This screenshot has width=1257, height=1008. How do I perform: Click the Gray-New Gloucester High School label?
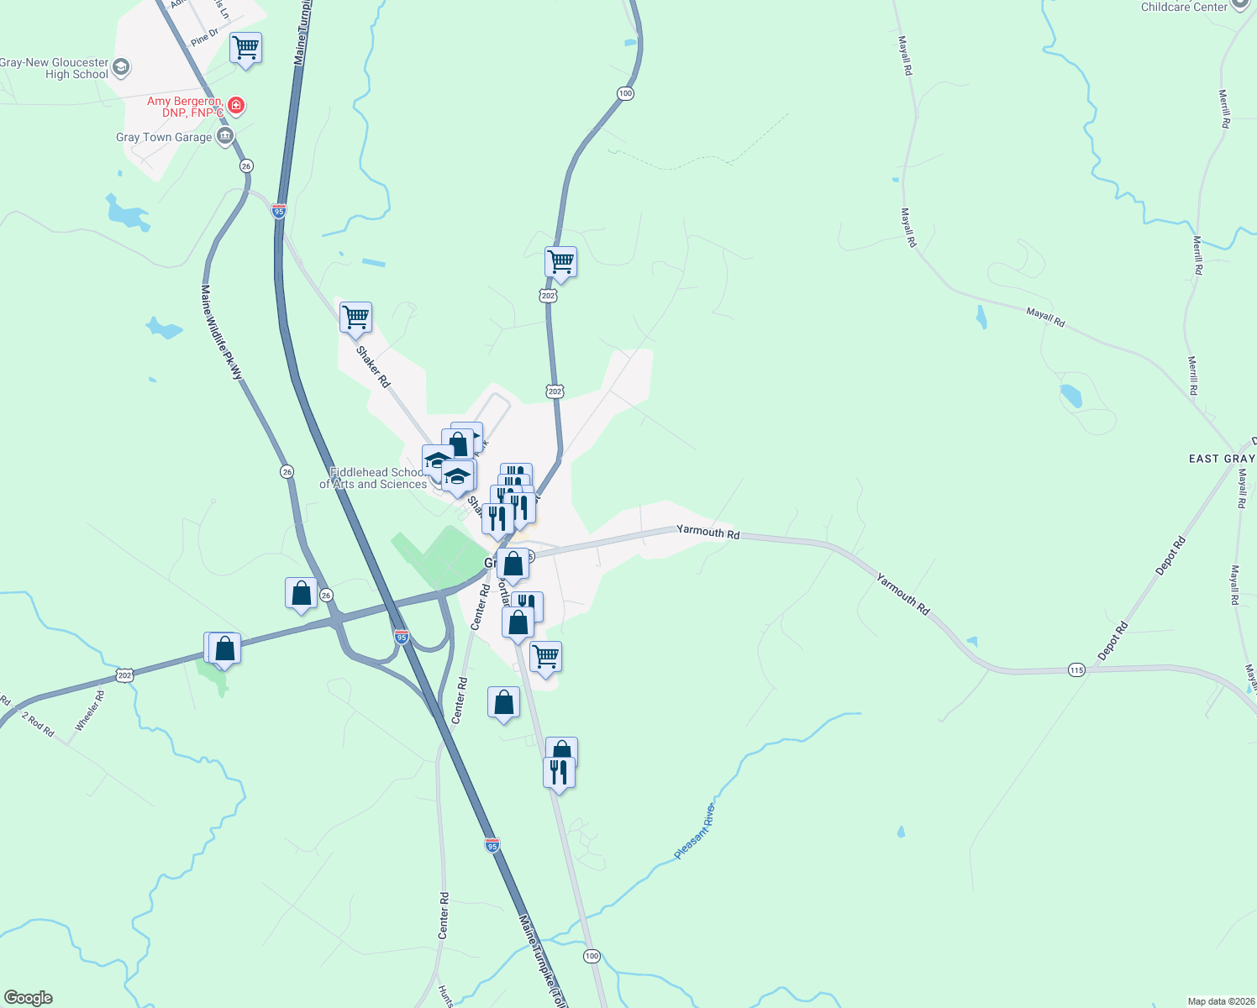point(55,68)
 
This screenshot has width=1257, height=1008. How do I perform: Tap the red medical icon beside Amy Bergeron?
point(236,106)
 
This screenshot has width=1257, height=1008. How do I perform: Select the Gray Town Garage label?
point(164,137)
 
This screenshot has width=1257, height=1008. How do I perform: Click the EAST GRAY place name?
point(1221,459)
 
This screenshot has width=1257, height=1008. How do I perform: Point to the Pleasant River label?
point(695,832)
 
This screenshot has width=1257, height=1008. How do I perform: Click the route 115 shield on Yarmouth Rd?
point(1077,669)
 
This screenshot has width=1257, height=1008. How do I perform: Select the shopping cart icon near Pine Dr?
point(245,48)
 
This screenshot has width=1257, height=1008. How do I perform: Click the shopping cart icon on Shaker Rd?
point(355,318)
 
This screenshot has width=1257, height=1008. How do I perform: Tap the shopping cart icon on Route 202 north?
point(560,262)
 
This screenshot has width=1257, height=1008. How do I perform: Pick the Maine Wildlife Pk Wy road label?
point(221,332)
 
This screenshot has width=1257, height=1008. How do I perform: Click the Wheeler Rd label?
point(90,711)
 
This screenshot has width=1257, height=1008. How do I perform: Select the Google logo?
point(29,998)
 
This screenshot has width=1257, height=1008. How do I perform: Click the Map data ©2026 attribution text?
point(1221,1001)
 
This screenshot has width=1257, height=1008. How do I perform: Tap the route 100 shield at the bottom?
point(592,956)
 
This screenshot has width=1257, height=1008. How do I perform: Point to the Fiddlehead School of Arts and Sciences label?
point(373,478)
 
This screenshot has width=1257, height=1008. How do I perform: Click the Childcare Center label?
point(1184,7)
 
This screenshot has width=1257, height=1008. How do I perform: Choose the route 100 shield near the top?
point(625,93)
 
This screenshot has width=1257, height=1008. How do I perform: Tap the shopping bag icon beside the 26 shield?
point(301,594)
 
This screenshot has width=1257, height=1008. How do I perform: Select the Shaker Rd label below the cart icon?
point(373,366)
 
